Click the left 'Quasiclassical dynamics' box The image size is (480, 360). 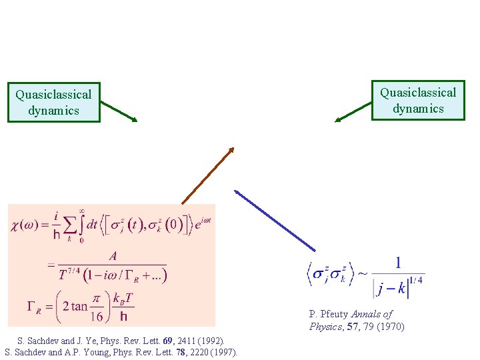click(53, 102)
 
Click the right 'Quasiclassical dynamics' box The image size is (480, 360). click(418, 101)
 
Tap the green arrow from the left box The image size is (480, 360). click(118, 111)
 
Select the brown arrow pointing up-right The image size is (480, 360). click(207, 175)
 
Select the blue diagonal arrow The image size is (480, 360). click(275, 220)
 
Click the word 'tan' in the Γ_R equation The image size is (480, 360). click(79, 306)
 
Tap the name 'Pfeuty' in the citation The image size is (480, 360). click(335, 314)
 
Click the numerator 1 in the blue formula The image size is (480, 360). click(398, 263)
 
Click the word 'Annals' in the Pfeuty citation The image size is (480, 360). click(365, 314)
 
